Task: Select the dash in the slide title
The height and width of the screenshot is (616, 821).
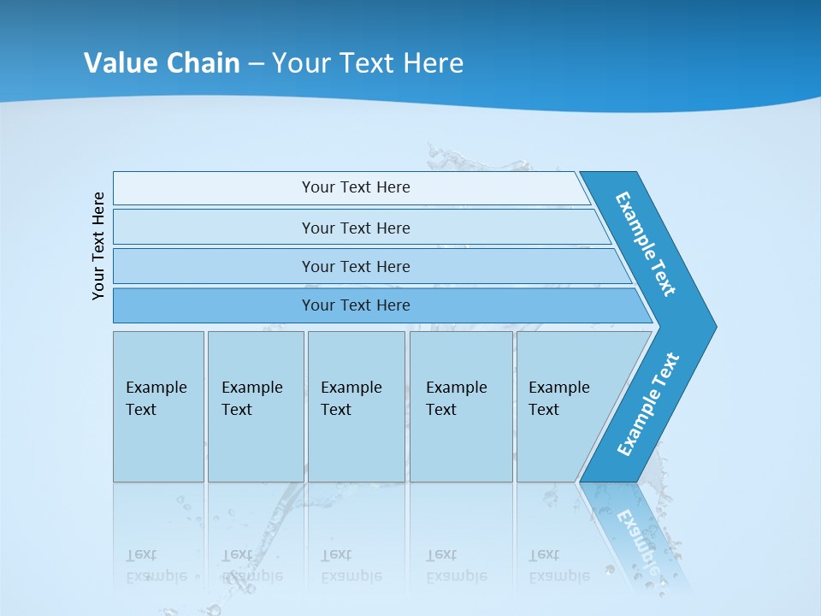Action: pos(256,63)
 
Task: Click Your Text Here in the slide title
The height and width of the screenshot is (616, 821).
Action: pos(368,62)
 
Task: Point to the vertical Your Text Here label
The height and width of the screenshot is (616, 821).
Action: pos(98,246)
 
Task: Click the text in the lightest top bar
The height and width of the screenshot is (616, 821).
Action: pos(356,187)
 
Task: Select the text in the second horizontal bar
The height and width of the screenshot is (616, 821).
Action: pos(356,228)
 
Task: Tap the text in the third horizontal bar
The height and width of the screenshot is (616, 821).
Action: pos(356,266)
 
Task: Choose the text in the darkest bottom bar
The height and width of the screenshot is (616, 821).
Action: pos(356,305)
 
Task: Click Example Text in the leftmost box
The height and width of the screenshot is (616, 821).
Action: pos(156,399)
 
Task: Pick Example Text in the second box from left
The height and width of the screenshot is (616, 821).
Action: pos(251,399)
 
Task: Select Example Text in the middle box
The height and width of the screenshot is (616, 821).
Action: pos(351,399)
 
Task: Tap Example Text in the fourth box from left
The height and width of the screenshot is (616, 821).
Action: pos(456,399)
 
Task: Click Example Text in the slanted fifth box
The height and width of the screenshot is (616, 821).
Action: pos(558,399)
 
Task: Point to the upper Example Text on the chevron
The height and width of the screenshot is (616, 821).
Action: pos(646,244)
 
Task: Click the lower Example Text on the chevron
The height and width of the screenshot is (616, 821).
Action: pos(648,405)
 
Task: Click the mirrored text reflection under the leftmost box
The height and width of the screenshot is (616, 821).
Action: pos(156,566)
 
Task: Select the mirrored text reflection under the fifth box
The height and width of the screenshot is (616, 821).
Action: pos(558,566)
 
